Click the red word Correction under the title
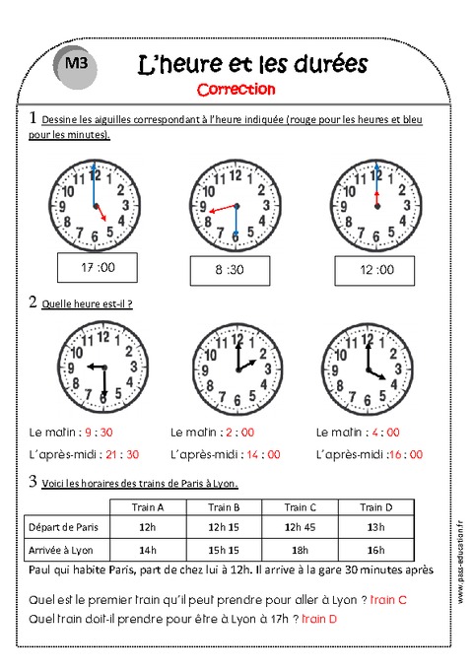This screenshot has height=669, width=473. [x=236, y=90]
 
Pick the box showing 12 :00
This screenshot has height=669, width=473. [x=377, y=268]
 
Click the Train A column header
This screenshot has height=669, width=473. [x=148, y=507]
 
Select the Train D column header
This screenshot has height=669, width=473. [x=372, y=507]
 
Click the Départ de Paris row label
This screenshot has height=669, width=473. [x=65, y=527]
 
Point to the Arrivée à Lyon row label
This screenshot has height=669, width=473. [x=65, y=550]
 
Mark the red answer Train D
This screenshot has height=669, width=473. [x=319, y=618]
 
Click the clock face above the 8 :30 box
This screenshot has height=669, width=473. [x=234, y=208]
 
